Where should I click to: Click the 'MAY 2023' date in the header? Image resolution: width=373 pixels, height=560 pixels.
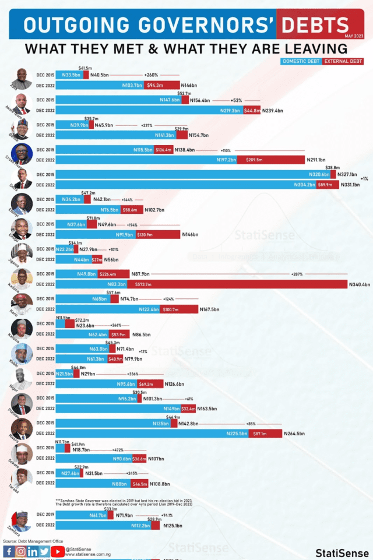click(354, 36)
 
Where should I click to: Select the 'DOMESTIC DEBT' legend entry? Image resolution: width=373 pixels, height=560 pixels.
click(300, 61)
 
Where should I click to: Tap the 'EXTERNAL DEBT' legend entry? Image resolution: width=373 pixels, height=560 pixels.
click(343, 61)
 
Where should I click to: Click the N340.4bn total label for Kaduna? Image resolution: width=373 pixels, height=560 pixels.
click(360, 284)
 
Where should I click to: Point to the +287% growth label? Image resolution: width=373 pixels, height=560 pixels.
click(297, 274)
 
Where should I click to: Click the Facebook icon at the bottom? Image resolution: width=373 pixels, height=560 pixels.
click(9, 551)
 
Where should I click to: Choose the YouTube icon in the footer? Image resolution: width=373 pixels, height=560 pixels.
click(58, 551)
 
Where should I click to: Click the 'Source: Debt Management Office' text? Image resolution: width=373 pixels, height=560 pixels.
click(33, 541)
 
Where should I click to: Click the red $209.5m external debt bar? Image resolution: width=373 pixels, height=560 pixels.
click(271, 160)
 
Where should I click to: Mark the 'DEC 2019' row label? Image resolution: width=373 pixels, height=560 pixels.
click(45, 515)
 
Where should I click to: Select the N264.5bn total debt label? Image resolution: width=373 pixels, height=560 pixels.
click(296, 434)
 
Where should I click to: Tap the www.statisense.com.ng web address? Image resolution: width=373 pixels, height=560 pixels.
click(88, 554)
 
